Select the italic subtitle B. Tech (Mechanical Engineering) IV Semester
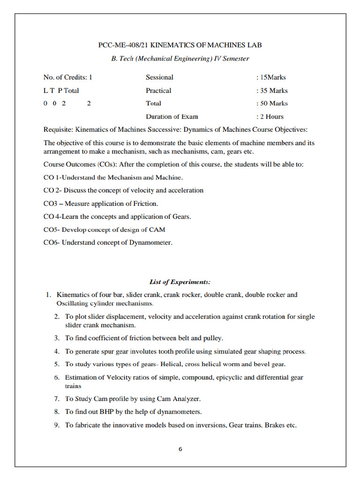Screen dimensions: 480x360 [x=180, y=59]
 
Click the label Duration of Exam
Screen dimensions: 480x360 [x=172, y=116]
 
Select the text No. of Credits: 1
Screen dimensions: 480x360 [x=67, y=77]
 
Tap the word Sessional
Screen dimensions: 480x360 [x=159, y=77]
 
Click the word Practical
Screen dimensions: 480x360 [x=158, y=90]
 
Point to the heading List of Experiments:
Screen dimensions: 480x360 [x=180, y=282]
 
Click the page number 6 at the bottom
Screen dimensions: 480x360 [x=180, y=449]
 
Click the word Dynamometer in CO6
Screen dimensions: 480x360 [x=150, y=243]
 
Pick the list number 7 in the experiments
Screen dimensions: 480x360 [x=56, y=399]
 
